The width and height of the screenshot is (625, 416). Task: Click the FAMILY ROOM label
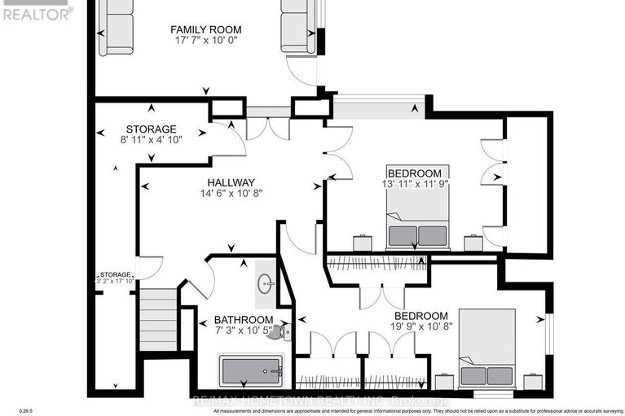point(205,30)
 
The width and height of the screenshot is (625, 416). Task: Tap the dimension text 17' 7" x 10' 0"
point(205,41)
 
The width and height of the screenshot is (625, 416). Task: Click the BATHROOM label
point(243,320)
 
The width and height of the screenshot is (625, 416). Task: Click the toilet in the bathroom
point(279,332)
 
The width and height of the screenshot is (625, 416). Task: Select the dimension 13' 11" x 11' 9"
point(415,184)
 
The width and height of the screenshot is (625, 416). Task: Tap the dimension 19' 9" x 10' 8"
point(420,327)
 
